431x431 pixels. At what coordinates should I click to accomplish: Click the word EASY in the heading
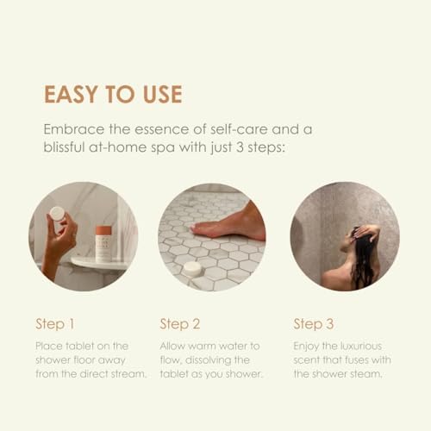tap(71, 94)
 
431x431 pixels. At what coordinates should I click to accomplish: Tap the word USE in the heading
tap(163, 94)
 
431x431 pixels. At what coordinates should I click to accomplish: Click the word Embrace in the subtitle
tap(74, 129)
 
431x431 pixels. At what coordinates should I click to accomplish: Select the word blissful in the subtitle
tap(64, 147)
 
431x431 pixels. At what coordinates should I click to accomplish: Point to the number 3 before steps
tap(240, 147)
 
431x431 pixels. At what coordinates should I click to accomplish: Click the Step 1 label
tap(55, 324)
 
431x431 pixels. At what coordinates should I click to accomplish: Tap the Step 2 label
tap(180, 324)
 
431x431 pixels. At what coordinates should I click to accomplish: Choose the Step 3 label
tap(314, 324)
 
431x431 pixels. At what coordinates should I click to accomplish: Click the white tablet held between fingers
tap(58, 214)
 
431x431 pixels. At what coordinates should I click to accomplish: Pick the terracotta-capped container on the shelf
tap(103, 244)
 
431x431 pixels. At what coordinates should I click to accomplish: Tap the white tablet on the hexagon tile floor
tap(193, 269)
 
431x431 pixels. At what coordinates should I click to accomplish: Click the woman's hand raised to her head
tap(365, 231)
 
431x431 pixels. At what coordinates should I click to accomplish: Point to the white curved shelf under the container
tap(99, 263)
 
